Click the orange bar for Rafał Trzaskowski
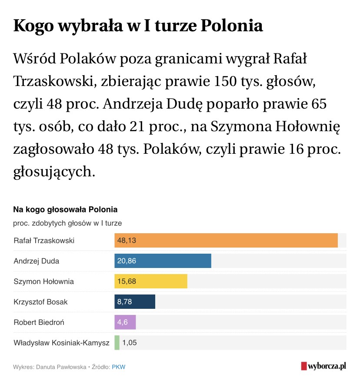(x=226, y=240)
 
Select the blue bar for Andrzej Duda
(x=163, y=261)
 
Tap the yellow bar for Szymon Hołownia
(x=151, y=281)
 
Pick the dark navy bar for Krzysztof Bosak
(x=135, y=302)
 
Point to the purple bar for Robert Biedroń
(x=125, y=322)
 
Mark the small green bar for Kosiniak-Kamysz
(x=117, y=343)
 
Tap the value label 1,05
(x=130, y=343)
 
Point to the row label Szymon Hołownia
(x=44, y=281)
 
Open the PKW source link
(x=118, y=367)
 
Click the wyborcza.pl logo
(x=324, y=366)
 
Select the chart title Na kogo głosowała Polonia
(x=66, y=210)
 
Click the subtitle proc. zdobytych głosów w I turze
(x=67, y=223)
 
